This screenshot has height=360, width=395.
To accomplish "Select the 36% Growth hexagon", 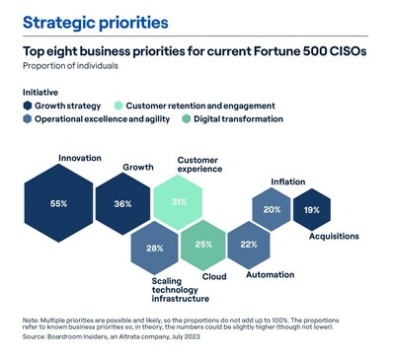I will [123, 203].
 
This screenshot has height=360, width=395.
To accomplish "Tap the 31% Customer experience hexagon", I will [179, 202].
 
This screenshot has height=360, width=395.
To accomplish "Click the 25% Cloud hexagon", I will [203, 245].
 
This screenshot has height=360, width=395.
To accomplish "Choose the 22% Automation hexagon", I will [250, 245].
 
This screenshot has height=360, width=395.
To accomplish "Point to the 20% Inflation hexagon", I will [272, 209].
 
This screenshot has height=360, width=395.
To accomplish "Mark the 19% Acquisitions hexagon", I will [312, 209].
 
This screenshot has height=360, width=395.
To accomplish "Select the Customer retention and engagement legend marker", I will [118, 104].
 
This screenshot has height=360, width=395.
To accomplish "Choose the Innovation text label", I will [80, 157].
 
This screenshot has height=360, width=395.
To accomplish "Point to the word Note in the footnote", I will [31, 318].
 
